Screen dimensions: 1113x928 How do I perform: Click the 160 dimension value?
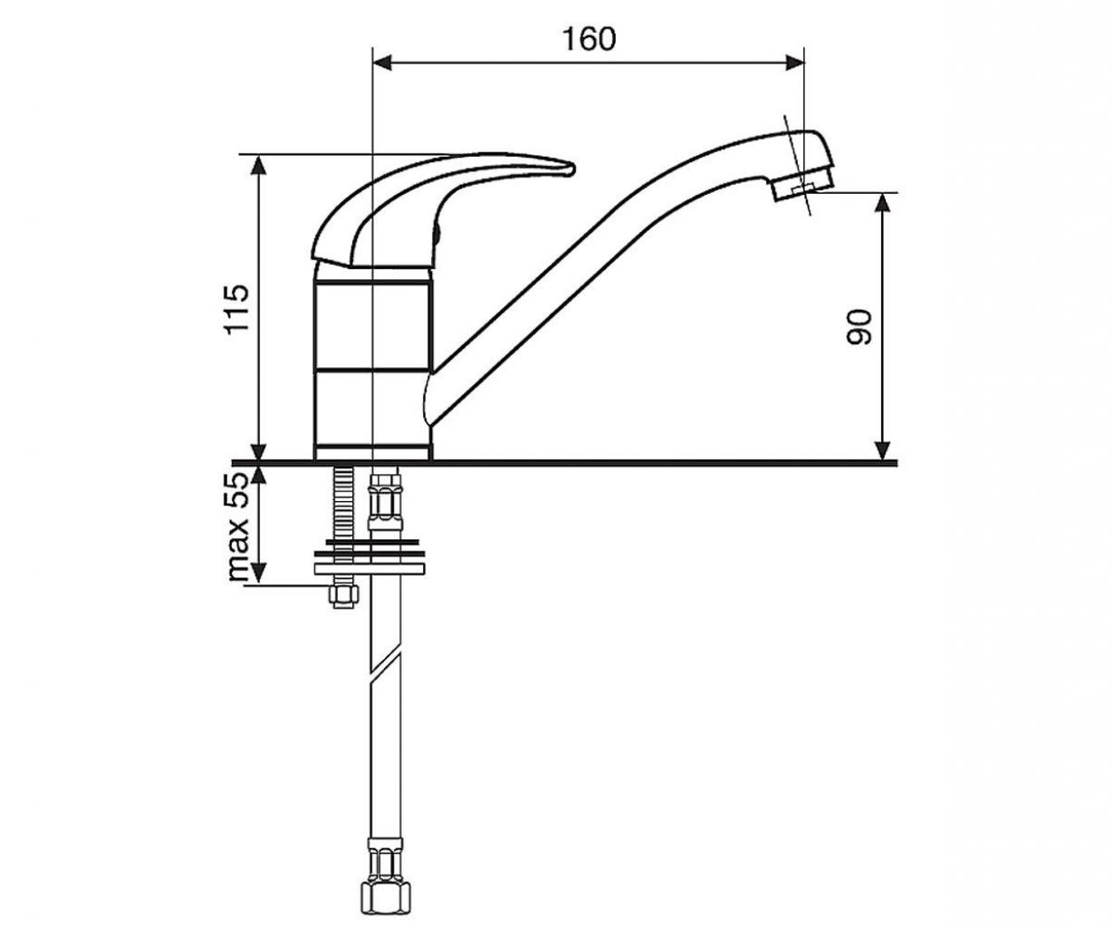589,39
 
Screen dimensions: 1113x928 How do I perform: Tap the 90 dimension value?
859,327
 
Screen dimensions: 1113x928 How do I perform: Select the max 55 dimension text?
238,527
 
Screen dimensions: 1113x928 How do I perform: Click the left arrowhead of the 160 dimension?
382,63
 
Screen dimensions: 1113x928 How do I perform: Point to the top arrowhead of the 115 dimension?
258,165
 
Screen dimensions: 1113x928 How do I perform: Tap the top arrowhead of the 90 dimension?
883,203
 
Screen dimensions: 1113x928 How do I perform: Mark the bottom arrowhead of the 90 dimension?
883,449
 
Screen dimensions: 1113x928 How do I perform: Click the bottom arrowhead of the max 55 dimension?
258,574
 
